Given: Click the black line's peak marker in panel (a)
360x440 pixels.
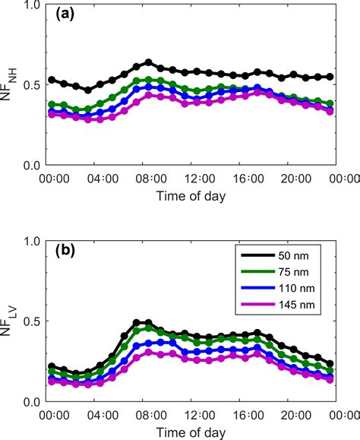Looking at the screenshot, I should pos(149,62).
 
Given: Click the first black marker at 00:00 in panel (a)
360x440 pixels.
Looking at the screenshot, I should pos(51,80).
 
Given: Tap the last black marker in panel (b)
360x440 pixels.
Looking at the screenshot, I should pos(330,364).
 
